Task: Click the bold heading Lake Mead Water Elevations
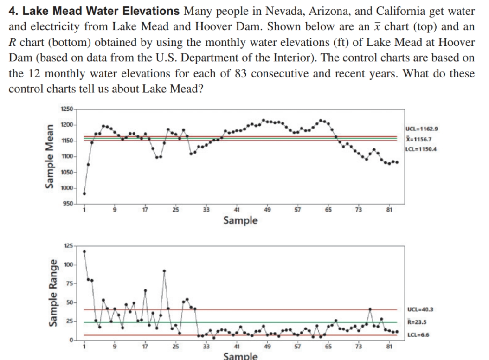point(95,11)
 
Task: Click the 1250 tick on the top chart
point(67,109)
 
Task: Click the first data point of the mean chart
point(84,193)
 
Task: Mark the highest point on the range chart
point(84,251)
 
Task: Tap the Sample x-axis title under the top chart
point(240,220)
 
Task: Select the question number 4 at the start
point(12,11)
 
